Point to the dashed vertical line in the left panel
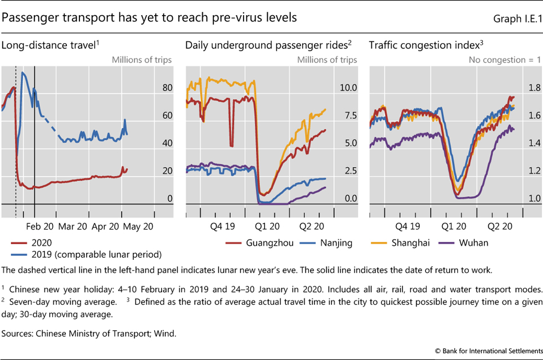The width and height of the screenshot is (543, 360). click(x=15, y=141)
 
